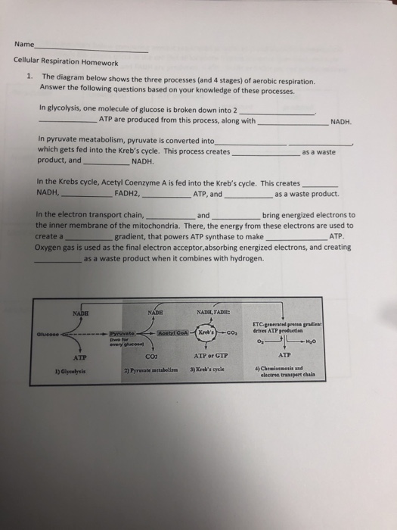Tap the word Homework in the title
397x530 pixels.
[x=99, y=62]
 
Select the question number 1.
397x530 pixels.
[x=27, y=77]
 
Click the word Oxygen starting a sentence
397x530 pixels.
[x=51, y=247]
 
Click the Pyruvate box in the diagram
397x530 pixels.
[x=121, y=332]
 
